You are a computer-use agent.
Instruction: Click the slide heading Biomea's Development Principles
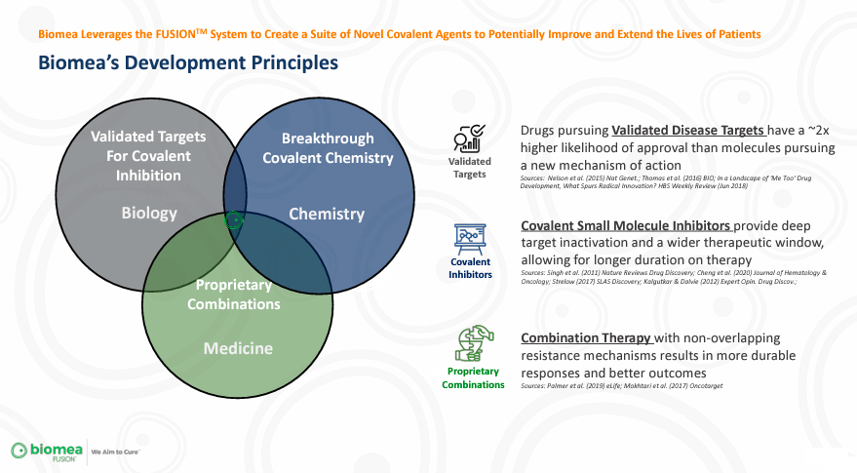(187, 63)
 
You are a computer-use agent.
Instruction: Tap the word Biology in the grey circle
(148, 212)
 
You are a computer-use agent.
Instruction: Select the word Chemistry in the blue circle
(327, 214)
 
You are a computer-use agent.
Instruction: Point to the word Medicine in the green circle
(238, 348)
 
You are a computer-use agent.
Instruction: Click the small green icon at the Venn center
(233, 220)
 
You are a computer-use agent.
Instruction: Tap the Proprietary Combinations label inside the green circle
(238, 295)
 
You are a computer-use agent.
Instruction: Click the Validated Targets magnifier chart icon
(469, 138)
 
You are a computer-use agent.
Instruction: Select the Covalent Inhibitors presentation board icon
(469, 238)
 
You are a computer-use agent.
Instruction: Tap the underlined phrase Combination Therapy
(587, 338)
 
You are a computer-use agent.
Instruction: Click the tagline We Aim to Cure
(116, 453)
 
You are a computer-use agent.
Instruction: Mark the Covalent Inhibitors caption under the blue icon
(470, 268)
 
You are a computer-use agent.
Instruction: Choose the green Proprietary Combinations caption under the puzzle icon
(473, 377)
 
